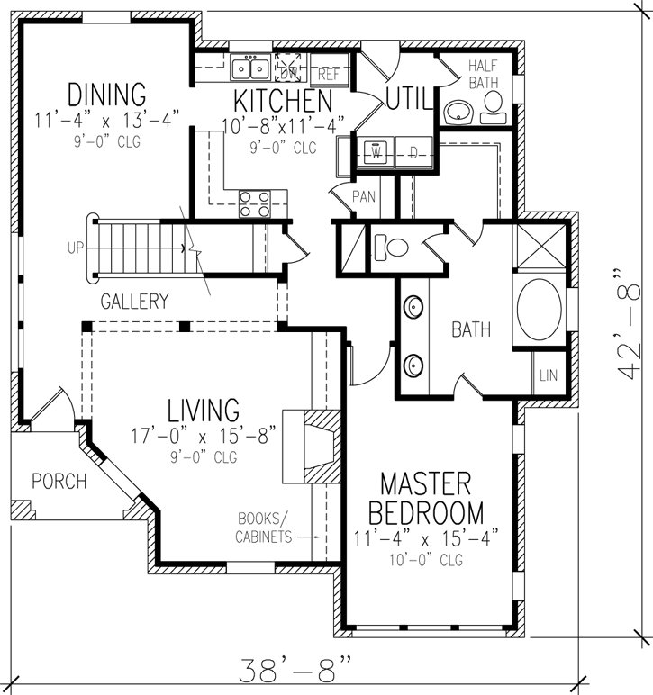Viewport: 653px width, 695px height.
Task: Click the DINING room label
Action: click(x=105, y=94)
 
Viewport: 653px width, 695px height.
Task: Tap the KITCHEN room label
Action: click(x=283, y=99)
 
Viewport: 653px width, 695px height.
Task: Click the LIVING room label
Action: click(x=203, y=410)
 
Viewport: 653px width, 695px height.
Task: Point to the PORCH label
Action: click(x=59, y=481)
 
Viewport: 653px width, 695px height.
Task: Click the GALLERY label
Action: click(x=134, y=302)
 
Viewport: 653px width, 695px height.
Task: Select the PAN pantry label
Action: click(x=364, y=195)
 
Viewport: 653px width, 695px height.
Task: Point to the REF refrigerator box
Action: click(x=329, y=76)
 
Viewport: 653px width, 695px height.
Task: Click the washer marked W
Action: click(x=377, y=154)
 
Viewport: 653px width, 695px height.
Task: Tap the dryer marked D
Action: click(x=413, y=154)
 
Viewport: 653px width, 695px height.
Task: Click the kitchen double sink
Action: click(x=249, y=68)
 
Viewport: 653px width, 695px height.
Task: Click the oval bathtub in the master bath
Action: click(x=539, y=311)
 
